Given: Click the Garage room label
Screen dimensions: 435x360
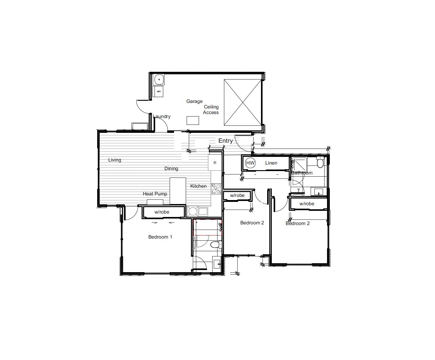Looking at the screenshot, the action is (194, 101).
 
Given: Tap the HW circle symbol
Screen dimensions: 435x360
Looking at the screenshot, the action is (250, 163).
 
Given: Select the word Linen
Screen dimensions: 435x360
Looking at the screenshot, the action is (271, 163).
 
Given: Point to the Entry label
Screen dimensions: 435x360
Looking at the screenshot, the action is (226, 141).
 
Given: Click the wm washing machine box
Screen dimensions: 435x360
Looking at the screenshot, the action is (159, 92).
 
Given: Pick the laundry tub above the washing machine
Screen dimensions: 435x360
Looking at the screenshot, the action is (159, 80).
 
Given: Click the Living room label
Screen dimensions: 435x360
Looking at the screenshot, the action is (114, 160).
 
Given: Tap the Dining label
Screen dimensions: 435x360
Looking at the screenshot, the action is (171, 169).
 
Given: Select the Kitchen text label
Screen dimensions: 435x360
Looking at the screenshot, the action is (198, 186).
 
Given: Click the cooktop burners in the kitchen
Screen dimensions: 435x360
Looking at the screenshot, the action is (216, 189).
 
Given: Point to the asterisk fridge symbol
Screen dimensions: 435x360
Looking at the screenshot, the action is (215, 163).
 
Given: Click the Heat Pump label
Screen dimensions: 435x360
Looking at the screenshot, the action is (155, 194).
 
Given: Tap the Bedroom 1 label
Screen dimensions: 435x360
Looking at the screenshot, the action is (160, 237).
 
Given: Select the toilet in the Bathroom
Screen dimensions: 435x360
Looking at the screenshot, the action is (320, 162).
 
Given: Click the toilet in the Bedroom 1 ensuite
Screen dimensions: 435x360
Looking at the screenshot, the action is (216, 245).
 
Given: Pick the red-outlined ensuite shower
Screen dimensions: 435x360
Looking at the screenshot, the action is (208, 227).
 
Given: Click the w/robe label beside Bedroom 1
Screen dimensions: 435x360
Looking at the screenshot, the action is (162, 212).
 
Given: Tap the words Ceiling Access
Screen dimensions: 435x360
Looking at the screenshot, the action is (211, 109).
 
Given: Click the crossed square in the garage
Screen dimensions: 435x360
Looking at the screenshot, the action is (243, 102).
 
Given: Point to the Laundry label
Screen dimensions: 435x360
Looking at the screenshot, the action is (162, 117).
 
